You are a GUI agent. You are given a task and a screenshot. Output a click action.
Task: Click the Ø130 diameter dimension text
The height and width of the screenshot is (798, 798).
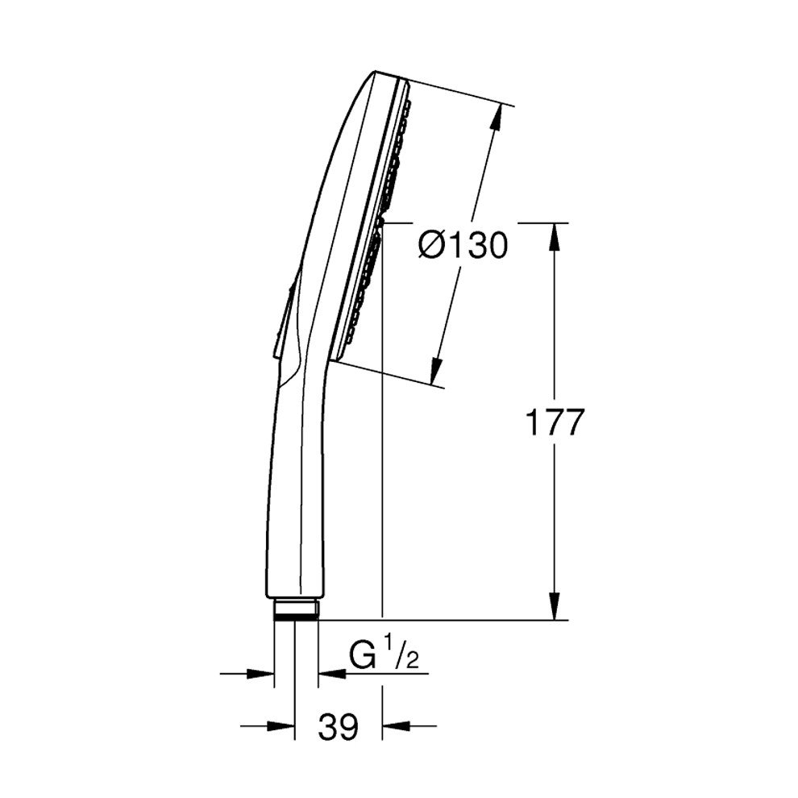pyautogui.click(x=463, y=245)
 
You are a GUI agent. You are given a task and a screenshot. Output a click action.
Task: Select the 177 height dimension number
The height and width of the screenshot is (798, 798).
pyautogui.click(x=553, y=422)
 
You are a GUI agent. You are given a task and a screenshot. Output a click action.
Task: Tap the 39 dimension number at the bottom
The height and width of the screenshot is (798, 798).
pyautogui.click(x=338, y=727)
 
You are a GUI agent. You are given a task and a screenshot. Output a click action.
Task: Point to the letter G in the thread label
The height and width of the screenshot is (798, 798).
pyautogui.click(x=364, y=657)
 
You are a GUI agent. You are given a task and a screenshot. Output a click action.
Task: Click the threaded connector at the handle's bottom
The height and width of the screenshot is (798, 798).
pyautogui.click(x=296, y=609)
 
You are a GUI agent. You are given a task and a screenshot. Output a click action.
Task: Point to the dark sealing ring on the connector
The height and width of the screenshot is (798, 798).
pyautogui.click(x=296, y=616)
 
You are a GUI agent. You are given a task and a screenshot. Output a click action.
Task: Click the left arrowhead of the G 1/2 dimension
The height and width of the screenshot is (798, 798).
pyautogui.click(x=262, y=673)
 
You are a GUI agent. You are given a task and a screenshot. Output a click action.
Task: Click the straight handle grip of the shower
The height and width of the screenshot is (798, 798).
pyautogui.click(x=294, y=500)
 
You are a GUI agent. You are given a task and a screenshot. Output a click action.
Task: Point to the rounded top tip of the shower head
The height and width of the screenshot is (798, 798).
pyautogui.click(x=379, y=77)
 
